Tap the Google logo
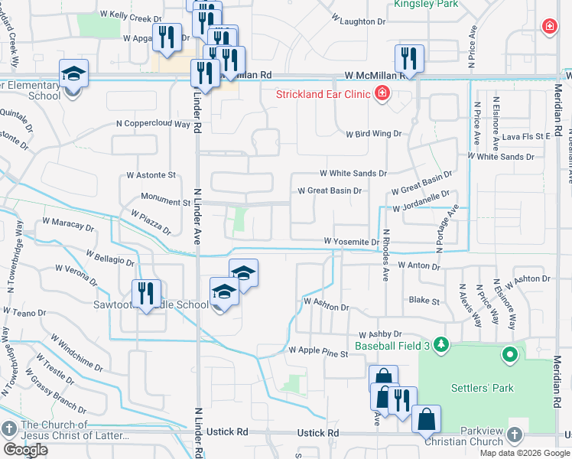pos(26,449)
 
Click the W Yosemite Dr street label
pos(351,242)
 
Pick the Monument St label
pos(165,203)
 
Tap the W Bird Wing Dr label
pos(373,133)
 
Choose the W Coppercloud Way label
pos(153,123)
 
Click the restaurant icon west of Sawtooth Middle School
pos(146,294)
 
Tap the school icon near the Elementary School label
pos(73,73)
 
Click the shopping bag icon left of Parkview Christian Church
pos(426,419)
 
